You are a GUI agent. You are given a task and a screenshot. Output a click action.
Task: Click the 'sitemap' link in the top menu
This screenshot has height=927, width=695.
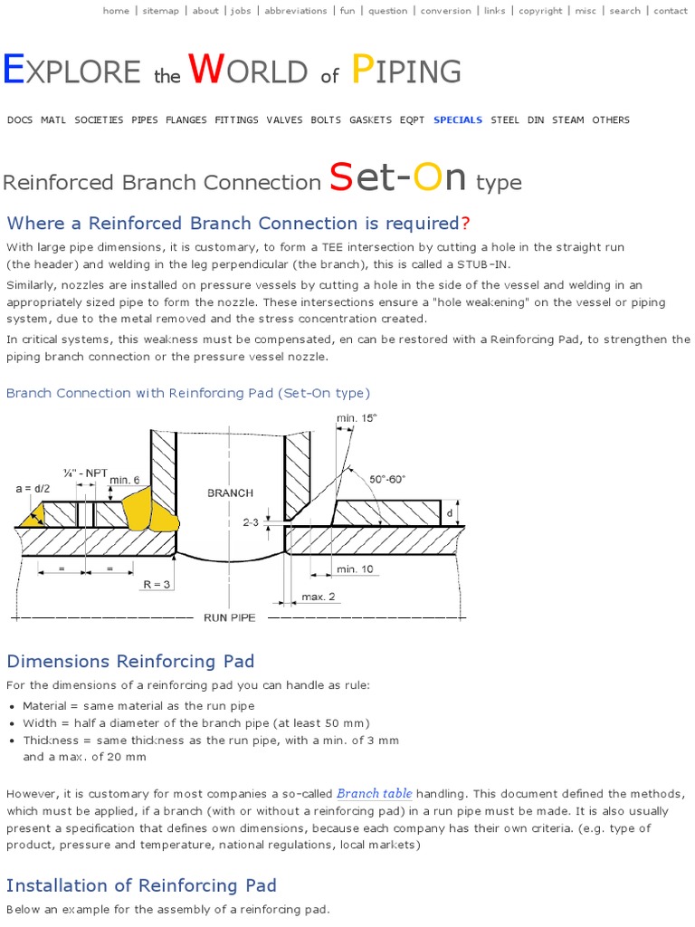(161, 11)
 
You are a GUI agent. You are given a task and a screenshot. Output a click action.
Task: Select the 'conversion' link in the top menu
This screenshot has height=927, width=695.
(446, 11)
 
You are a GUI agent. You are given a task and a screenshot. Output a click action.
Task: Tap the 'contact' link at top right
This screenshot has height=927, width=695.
(671, 11)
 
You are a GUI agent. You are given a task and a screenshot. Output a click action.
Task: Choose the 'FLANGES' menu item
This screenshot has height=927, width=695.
(186, 119)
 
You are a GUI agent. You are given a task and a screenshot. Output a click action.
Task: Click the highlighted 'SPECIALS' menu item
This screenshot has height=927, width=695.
(458, 119)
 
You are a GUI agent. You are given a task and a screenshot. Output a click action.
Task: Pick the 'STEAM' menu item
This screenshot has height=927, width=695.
(568, 119)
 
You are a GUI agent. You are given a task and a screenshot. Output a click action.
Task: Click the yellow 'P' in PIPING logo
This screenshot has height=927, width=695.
(361, 71)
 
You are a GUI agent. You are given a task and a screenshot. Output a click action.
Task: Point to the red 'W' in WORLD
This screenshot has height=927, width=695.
(206, 71)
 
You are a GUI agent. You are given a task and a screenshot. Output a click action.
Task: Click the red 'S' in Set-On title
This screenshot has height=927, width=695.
(340, 177)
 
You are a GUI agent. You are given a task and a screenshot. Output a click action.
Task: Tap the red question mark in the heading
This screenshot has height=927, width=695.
(465, 224)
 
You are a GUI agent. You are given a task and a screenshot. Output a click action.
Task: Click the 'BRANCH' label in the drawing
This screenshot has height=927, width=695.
(231, 493)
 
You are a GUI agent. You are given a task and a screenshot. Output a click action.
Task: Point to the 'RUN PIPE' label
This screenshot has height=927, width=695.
(230, 617)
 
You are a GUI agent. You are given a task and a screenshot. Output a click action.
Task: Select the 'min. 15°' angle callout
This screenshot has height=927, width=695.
(357, 417)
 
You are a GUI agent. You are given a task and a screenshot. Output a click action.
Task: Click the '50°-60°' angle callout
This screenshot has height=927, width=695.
(388, 479)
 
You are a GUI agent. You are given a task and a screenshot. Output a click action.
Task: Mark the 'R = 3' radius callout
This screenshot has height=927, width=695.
(157, 585)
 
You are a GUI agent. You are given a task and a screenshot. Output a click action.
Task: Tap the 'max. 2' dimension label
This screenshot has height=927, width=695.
(319, 597)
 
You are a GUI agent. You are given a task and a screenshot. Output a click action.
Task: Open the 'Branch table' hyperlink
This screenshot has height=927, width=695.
(375, 794)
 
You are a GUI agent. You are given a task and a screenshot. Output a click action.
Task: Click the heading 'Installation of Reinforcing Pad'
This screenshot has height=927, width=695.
(141, 885)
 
